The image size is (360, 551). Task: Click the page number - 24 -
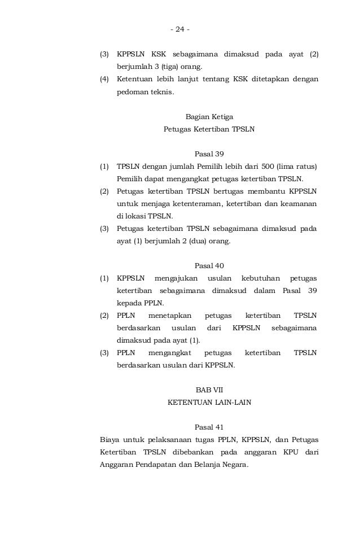click(181, 29)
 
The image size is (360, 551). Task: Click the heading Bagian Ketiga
click(209, 117)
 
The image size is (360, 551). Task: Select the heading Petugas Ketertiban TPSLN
click(209, 129)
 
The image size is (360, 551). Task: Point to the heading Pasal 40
click(209, 265)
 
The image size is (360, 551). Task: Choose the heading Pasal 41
click(209, 427)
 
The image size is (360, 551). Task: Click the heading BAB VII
click(209, 390)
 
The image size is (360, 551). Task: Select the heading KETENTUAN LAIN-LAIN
click(209, 403)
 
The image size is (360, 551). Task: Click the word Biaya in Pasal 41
click(109, 440)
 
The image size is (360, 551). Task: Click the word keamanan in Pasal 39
click(297, 203)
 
